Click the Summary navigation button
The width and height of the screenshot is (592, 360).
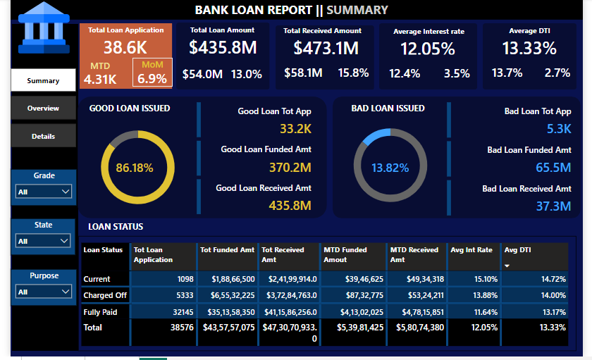click(x=43, y=80)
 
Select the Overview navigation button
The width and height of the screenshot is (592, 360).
click(x=43, y=108)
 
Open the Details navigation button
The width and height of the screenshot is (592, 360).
click(x=43, y=136)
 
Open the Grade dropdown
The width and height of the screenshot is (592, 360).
click(x=44, y=192)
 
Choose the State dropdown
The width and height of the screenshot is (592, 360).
click(x=44, y=241)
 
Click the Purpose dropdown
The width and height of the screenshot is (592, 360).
click(x=44, y=292)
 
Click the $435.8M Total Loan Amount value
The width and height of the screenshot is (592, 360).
click(x=222, y=48)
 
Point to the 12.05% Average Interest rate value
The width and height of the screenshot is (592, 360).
click(x=427, y=49)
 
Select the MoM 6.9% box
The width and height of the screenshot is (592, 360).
click(x=152, y=73)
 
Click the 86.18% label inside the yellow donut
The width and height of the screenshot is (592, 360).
click(x=135, y=168)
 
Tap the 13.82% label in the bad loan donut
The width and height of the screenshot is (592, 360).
click(x=390, y=168)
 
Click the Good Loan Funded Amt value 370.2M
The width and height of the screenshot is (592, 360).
click(x=290, y=167)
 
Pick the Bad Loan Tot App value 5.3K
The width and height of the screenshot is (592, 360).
click(x=559, y=129)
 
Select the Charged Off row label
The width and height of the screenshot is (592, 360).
click(x=105, y=295)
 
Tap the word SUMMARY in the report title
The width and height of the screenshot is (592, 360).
click(x=357, y=10)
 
